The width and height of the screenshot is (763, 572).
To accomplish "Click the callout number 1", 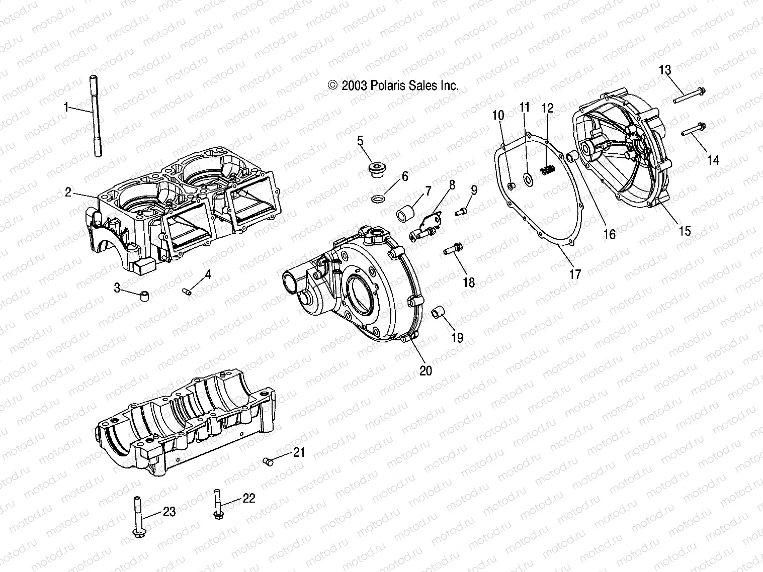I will click(65, 107).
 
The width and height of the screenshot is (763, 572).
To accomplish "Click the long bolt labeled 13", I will click(697, 96).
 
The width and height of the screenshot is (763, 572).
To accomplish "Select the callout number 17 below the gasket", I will click(574, 274).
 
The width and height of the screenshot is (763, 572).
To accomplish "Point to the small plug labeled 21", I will click(268, 460).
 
